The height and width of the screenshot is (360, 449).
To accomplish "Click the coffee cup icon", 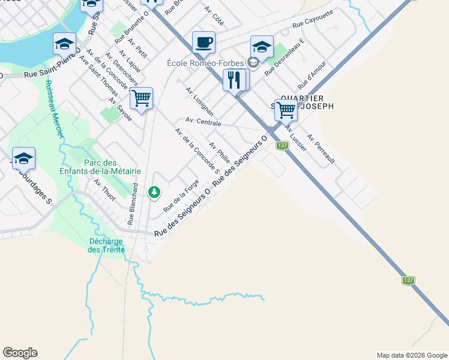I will click(203, 42).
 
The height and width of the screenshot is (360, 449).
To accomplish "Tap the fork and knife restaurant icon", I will click(234, 79).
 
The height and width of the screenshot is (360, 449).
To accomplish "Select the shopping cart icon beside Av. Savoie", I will click(141, 98).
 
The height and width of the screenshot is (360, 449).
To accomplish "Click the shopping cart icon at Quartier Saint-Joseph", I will click(286, 110).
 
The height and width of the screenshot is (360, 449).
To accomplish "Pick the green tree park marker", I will click(155, 192).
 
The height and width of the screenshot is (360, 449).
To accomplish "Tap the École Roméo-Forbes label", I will click(209, 62).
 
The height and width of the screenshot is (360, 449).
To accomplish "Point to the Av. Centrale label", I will click(203, 122).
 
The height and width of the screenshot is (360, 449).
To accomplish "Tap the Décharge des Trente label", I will click(106, 245).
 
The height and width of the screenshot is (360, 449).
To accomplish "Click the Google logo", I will click(20, 353).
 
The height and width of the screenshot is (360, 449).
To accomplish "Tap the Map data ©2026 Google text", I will click(411, 355).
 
